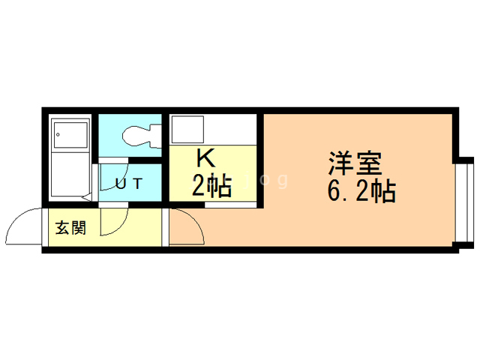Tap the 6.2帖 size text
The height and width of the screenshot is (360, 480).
361,193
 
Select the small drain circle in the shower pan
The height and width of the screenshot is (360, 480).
57,133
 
